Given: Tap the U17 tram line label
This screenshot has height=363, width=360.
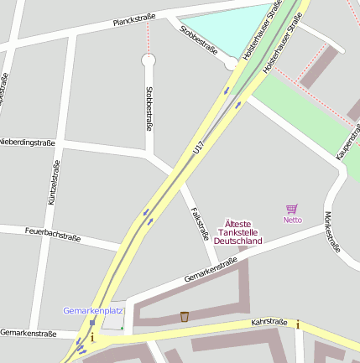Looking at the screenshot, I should click(198, 148).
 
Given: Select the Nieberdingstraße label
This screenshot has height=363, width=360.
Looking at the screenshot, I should click(28, 143).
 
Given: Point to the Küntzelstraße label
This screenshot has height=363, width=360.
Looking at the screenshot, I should click(53, 183).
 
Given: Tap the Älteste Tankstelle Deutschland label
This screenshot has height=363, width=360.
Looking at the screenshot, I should click(238, 232).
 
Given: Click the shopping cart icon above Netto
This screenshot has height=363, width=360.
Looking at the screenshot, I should click(292, 209).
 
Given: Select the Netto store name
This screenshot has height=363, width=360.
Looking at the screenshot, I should click(292, 220).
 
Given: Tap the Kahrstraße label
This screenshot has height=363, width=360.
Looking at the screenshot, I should click(269, 323).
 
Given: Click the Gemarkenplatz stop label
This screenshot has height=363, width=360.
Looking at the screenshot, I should click(92, 310).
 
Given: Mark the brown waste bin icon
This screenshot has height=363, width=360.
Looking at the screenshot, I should click(185, 316).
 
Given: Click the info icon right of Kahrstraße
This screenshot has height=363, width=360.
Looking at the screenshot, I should click(297, 324).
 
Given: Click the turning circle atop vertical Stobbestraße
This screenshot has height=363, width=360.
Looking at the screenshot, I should click(149, 60).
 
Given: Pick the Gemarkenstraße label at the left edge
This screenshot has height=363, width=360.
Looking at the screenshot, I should click(28, 334).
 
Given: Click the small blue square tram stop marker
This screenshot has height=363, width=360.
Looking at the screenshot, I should click(92, 322).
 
